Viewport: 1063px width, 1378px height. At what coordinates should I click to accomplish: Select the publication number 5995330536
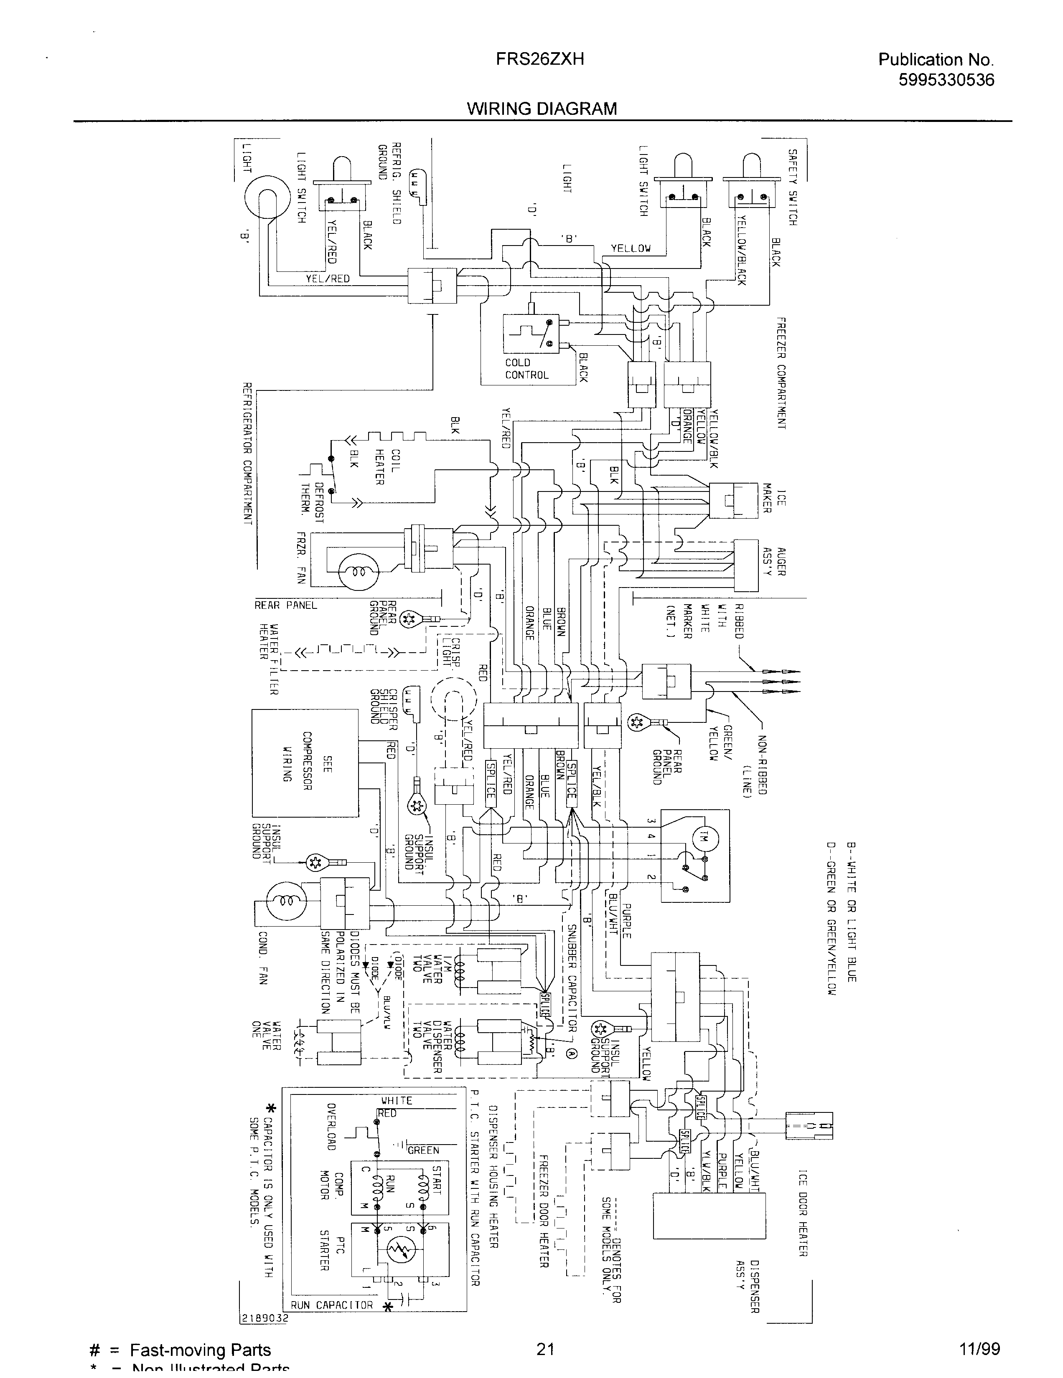(946, 80)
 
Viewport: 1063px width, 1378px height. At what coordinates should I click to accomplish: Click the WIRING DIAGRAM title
(542, 109)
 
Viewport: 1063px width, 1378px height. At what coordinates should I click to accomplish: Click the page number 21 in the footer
(545, 1349)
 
